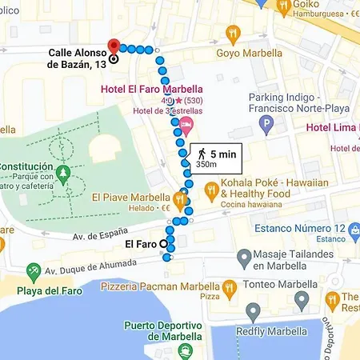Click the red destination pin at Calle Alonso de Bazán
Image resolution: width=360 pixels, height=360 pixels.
[x=114, y=45]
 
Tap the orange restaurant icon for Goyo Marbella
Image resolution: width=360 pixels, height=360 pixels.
[x=233, y=34]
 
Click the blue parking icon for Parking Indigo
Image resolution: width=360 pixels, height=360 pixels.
[x=267, y=125]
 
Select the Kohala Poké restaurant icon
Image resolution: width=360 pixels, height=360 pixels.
[x=211, y=190]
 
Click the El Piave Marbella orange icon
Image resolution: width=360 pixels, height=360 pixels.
[x=181, y=198]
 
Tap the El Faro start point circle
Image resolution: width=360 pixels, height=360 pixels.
[x=164, y=243]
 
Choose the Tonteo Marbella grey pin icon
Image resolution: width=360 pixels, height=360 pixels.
[x=302, y=299]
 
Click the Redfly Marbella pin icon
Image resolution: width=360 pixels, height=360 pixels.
[x=253, y=313]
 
